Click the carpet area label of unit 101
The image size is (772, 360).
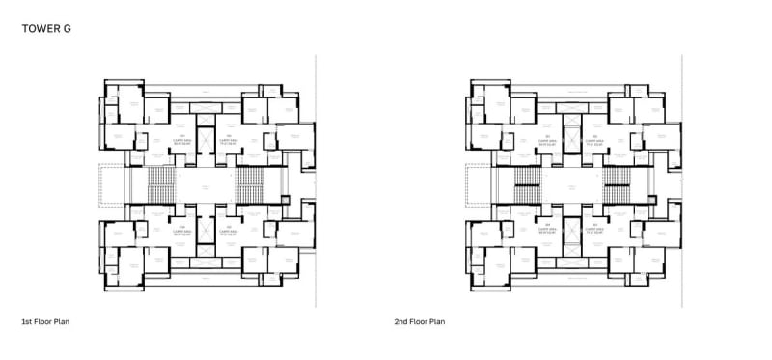coord(179,140)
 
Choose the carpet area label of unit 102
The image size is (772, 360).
coord(229,140)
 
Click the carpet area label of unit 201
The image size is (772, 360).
coord(545,140)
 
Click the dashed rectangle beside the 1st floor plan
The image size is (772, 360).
coord(112,182)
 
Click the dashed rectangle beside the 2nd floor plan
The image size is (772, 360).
coord(478,182)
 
